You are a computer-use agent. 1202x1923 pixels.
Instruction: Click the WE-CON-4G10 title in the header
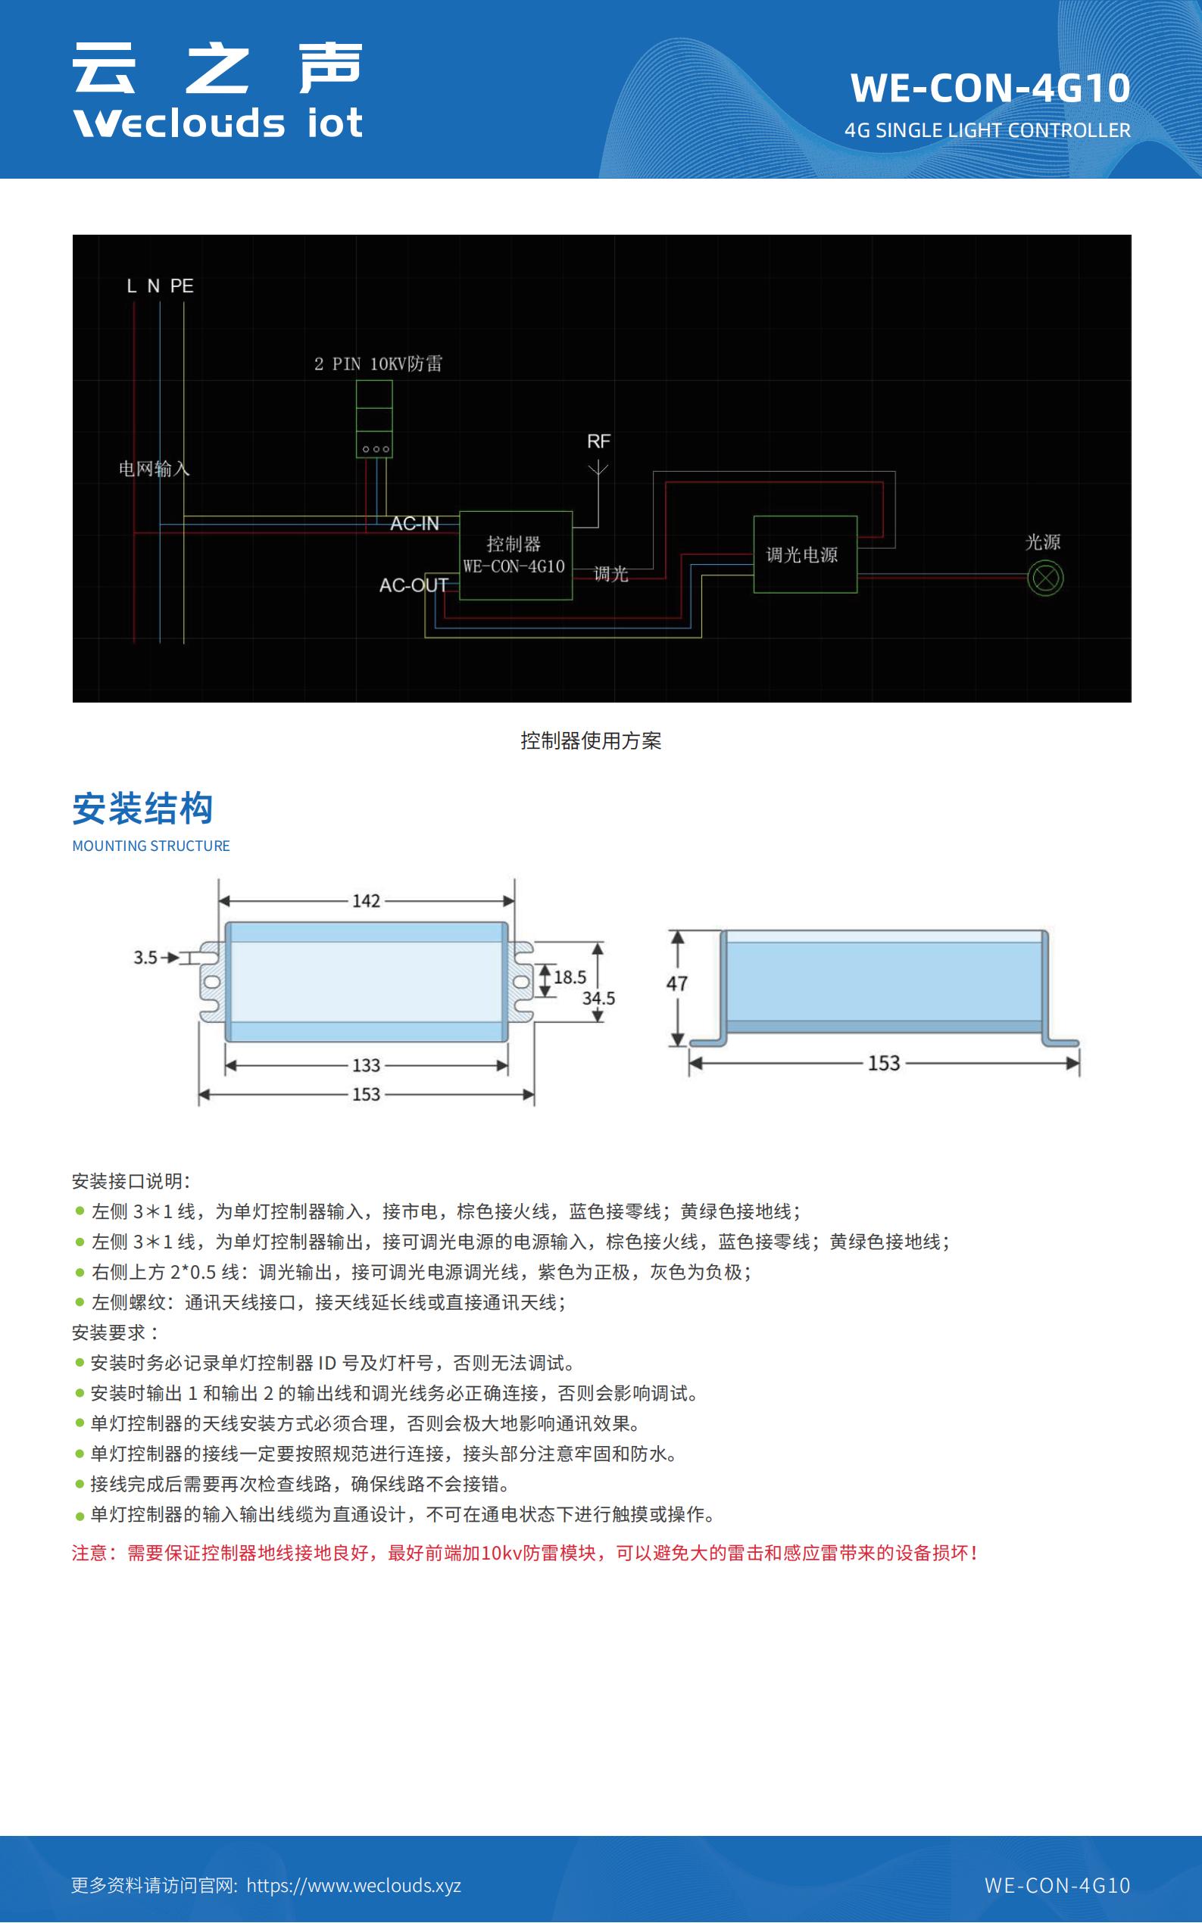(990, 87)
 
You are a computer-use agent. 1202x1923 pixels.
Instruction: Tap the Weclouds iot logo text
(218, 123)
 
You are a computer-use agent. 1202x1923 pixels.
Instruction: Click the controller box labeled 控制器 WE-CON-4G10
(515, 556)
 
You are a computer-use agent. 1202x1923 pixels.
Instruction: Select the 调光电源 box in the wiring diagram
(804, 555)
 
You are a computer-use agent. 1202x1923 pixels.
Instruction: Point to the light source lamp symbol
(1044, 578)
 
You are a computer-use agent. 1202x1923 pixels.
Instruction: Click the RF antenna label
(598, 441)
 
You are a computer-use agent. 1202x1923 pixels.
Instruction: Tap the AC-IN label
(414, 524)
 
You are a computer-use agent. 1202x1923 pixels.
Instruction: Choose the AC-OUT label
(414, 586)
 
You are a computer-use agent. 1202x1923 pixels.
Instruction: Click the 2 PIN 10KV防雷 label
(379, 364)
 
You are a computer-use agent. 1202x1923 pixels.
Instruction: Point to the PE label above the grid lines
(181, 286)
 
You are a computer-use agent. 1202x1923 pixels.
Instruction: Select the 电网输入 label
(155, 469)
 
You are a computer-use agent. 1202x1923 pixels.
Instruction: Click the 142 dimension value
(367, 901)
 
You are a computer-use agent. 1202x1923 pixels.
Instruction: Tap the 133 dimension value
(367, 1064)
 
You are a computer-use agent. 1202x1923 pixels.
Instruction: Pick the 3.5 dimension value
(145, 958)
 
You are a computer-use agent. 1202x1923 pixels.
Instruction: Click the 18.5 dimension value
(570, 977)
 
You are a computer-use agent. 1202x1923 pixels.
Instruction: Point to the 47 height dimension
(676, 983)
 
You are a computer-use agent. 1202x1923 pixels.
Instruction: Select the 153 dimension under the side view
(883, 1063)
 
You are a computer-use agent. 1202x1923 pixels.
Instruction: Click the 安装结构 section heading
(143, 809)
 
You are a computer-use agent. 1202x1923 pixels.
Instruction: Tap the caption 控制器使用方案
(591, 740)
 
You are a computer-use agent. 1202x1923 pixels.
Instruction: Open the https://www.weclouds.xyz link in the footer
(354, 1886)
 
